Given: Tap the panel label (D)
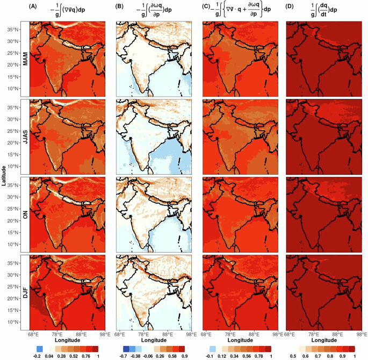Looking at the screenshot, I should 291,8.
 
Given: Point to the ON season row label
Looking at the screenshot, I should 25,215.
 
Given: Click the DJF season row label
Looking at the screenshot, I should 25,293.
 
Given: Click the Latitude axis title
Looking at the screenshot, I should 5,177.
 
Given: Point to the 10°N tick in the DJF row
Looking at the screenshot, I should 13,322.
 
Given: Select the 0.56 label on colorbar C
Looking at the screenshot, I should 243,356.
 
